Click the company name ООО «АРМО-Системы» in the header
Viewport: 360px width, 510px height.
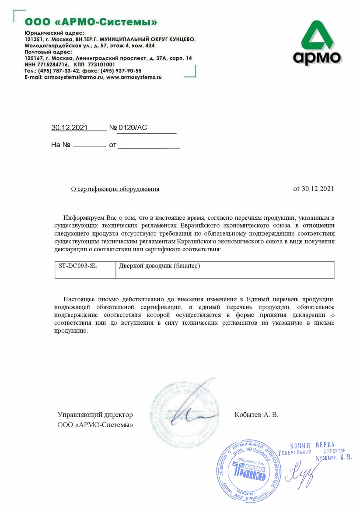point(91,21)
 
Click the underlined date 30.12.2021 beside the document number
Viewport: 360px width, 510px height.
point(70,128)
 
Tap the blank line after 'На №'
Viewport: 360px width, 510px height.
point(89,145)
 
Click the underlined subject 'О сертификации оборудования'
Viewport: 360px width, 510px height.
point(115,189)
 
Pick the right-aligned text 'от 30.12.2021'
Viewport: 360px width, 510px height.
point(313,189)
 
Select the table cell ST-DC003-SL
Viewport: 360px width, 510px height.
point(78,266)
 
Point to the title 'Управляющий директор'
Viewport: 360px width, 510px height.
point(95,415)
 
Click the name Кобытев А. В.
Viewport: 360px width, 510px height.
point(256,415)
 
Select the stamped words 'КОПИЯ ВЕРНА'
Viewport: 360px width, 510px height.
point(312,445)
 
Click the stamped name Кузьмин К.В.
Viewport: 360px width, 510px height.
point(333,458)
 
